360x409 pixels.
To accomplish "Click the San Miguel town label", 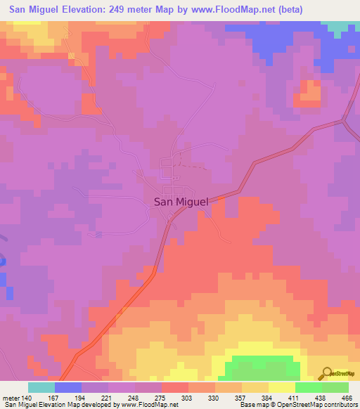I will point(181,202).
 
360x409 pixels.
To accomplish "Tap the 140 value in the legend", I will point(27,398).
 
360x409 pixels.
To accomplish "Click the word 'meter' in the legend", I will point(10,398).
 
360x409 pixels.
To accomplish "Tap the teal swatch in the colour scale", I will point(41,387).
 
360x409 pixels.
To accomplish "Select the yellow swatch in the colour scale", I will point(281,387).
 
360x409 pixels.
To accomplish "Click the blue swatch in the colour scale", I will point(67,387).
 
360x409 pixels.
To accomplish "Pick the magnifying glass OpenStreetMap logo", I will point(327,373).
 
